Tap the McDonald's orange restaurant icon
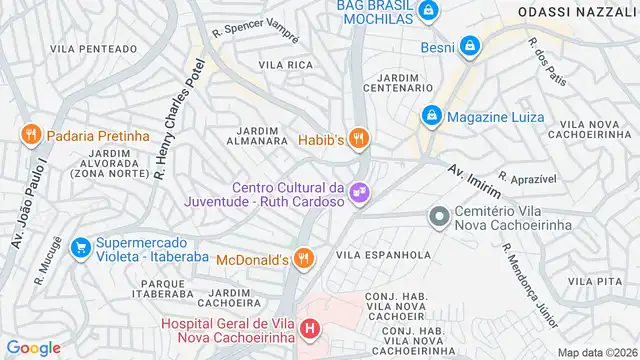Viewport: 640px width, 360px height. [307, 261]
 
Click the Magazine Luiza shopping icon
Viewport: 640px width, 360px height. [432, 117]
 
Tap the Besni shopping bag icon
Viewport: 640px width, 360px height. [469, 45]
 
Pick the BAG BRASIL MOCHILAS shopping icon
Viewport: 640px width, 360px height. [427, 11]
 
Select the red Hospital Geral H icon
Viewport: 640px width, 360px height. [311, 328]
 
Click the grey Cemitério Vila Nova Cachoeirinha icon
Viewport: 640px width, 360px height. [438, 217]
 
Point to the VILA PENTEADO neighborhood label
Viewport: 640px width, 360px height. [93, 48]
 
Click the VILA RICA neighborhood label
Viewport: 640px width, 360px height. [286, 65]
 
